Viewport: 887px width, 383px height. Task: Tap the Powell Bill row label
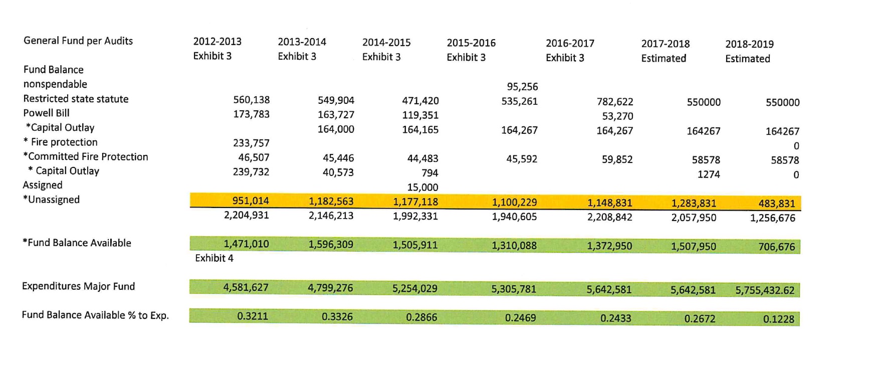(46, 113)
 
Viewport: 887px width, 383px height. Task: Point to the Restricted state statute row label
(76, 99)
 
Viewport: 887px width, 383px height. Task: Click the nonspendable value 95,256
(522, 87)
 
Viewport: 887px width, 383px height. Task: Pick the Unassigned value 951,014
(251, 201)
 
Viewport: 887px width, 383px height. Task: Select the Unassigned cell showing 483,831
(776, 204)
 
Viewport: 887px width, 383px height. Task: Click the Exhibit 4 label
(214, 258)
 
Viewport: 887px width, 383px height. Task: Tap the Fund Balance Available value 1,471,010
(246, 244)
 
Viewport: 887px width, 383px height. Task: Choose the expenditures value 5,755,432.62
(765, 290)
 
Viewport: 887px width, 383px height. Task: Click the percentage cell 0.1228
(778, 319)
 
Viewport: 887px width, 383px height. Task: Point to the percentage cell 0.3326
(337, 317)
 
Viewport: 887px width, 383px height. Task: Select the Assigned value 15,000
(422, 187)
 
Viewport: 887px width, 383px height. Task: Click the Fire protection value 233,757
(251, 143)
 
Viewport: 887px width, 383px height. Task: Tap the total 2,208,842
(609, 218)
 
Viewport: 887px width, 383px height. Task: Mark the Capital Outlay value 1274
(709, 174)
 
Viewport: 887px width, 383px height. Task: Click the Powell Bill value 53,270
(617, 116)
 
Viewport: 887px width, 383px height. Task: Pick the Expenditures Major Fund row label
(78, 286)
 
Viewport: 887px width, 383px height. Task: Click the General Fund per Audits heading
(78, 41)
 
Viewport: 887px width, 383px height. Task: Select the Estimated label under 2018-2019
(747, 59)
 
